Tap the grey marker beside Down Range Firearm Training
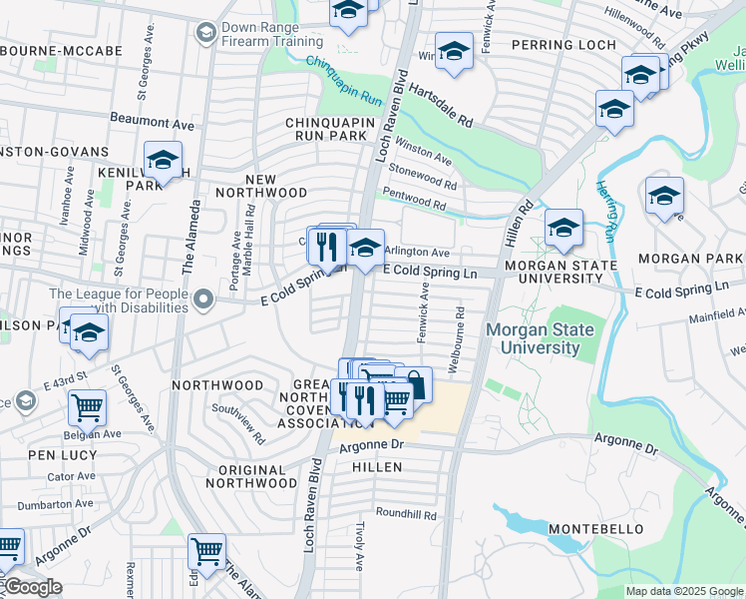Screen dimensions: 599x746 pos(206,32)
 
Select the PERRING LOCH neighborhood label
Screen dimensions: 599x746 pos(563,45)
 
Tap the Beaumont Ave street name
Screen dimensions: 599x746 pos(153,122)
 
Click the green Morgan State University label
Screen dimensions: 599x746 pos(540,339)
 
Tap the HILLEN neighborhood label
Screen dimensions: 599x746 pos(376,466)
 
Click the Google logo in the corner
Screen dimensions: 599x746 pos(32,587)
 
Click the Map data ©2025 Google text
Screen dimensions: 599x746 pos(684,591)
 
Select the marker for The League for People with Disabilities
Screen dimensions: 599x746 pos(203,299)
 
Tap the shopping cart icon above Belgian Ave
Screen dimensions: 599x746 pos(87,407)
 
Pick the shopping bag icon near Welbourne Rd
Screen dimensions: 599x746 pos(414,384)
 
